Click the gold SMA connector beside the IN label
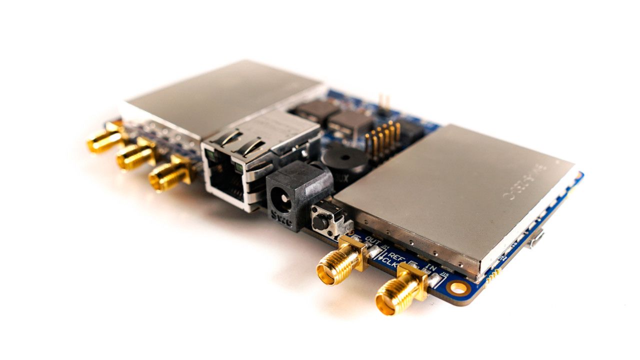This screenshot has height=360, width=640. pos(400,292)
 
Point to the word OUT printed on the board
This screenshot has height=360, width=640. pos(373,240)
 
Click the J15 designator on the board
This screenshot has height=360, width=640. pos(444,274)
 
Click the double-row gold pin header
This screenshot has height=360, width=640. pos(382,137)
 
